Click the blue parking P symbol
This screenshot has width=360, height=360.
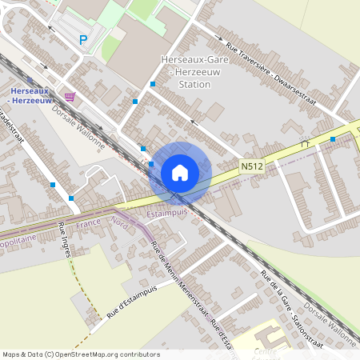(x=82, y=39)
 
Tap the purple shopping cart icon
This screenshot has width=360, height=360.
(x=70, y=97)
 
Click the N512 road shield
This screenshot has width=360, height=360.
(x=251, y=166)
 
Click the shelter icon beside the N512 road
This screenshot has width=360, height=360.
(x=304, y=143)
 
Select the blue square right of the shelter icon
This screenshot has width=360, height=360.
(x=333, y=139)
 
